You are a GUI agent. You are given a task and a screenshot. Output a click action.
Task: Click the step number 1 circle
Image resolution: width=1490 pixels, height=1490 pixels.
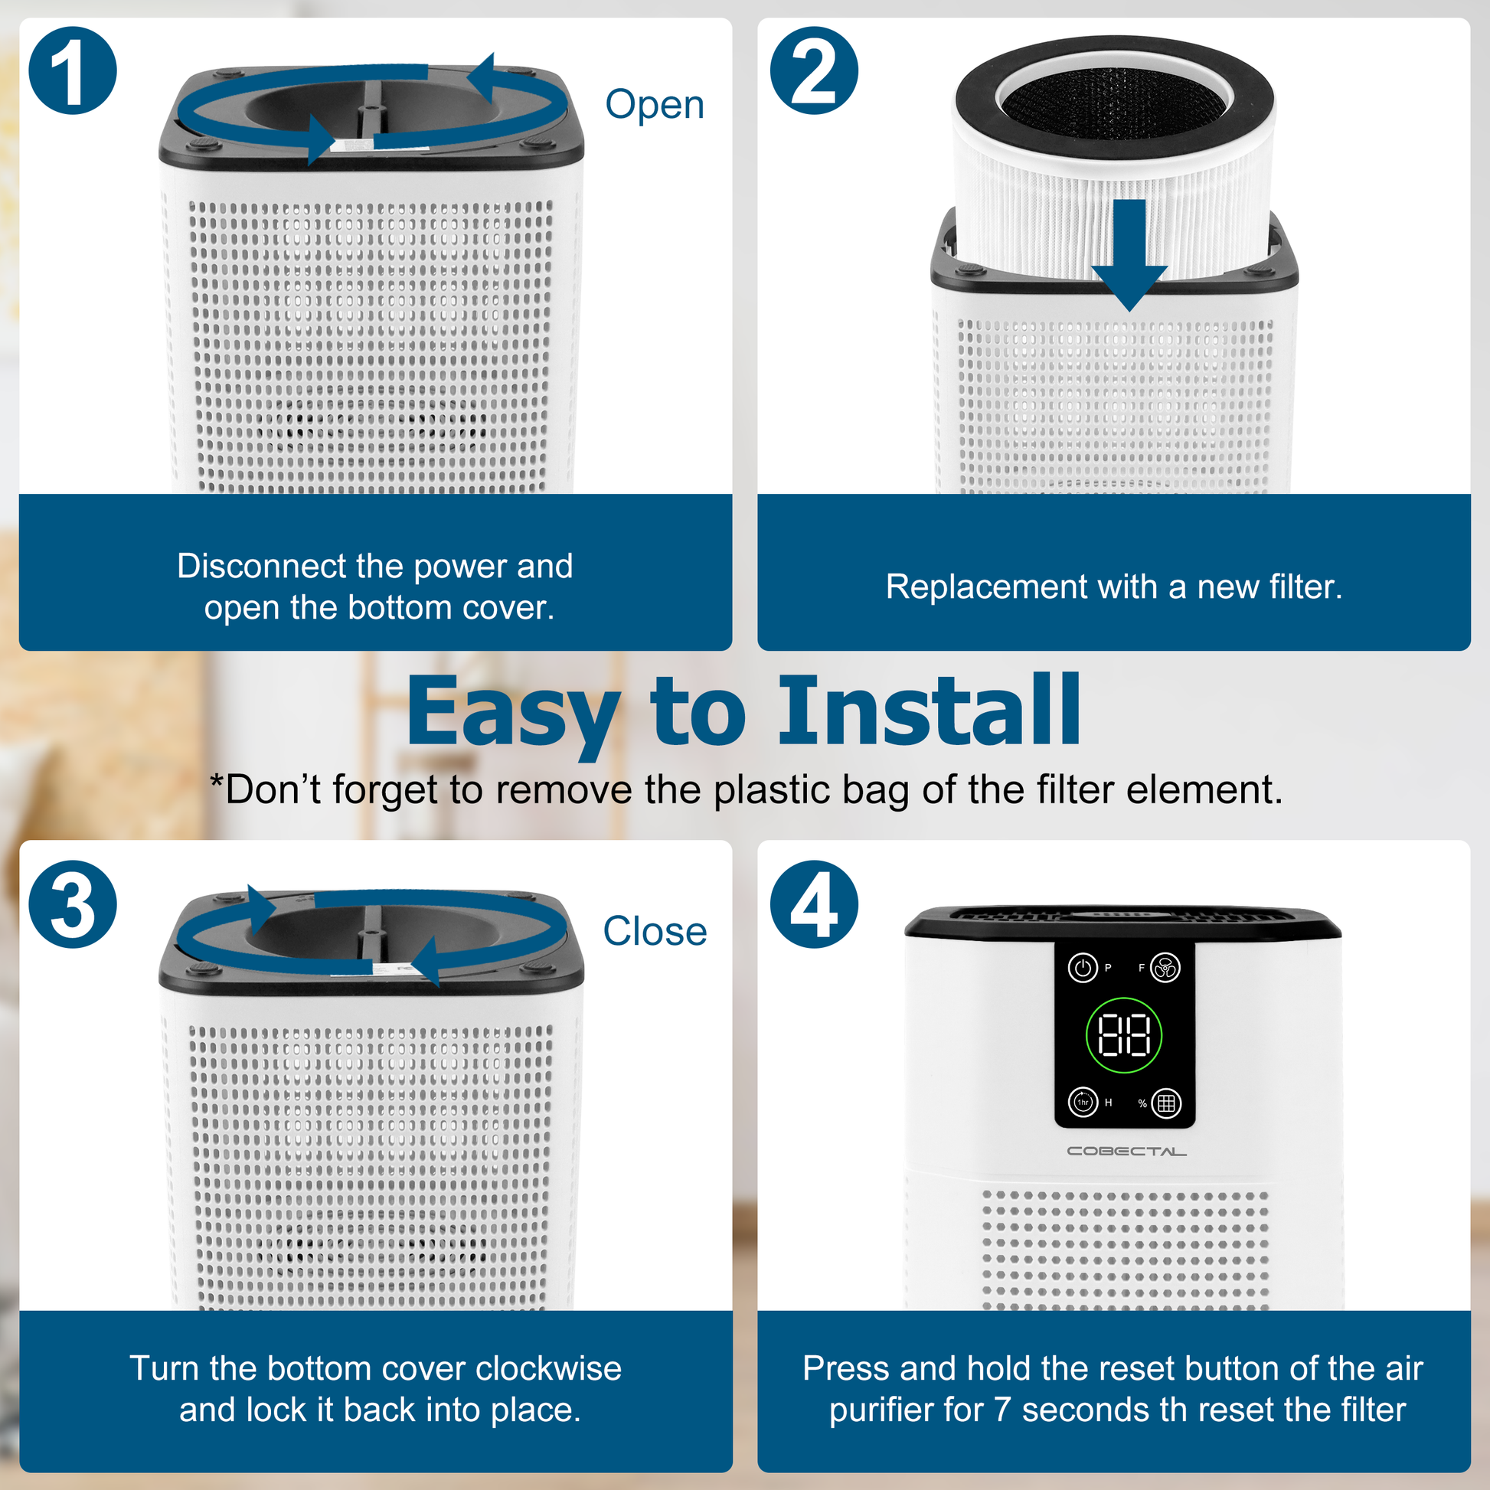pyautogui.click(x=73, y=71)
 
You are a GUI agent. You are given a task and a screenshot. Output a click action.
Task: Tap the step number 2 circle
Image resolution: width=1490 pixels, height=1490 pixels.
pyautogui.click(x=814, y=71)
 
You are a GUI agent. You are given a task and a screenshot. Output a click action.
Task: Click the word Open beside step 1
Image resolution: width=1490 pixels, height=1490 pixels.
pyautogui.click(x=655, y=106)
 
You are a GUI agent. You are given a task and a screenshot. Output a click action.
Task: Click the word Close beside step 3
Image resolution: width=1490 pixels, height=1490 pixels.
pyautogui.click(x=655, y=931)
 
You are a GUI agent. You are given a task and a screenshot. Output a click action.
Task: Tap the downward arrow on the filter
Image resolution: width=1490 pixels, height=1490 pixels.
pyautogui.click(x=1129, y=255)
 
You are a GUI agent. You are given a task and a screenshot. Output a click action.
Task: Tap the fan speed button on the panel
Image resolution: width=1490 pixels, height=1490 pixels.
pyautogui.click(x=1165, y=967)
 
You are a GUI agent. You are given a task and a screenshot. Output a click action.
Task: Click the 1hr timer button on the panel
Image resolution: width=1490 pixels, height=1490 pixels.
pyautogui.click(x=1083, y=1102)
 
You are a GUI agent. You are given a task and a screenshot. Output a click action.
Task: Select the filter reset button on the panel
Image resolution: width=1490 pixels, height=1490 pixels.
pyautogui.click(x=1166, y=1103)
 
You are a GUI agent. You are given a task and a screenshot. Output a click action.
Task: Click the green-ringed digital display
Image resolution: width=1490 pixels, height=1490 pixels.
pyautogui.click(x=1124, y=1035)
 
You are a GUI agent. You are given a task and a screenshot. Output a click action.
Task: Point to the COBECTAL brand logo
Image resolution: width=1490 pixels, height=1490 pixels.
pyautogui.click(x=1127, y=1151)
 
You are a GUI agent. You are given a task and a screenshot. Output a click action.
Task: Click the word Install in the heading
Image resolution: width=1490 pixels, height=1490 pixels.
pyautogui.click(x=930, y=711)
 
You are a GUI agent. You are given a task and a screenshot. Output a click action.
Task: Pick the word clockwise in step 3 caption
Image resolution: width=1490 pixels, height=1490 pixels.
pyautogui.click(x=548, y=1368)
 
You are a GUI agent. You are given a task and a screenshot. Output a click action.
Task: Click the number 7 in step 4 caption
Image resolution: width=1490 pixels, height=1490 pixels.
pyautogui.click(x=1001, y=1410)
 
